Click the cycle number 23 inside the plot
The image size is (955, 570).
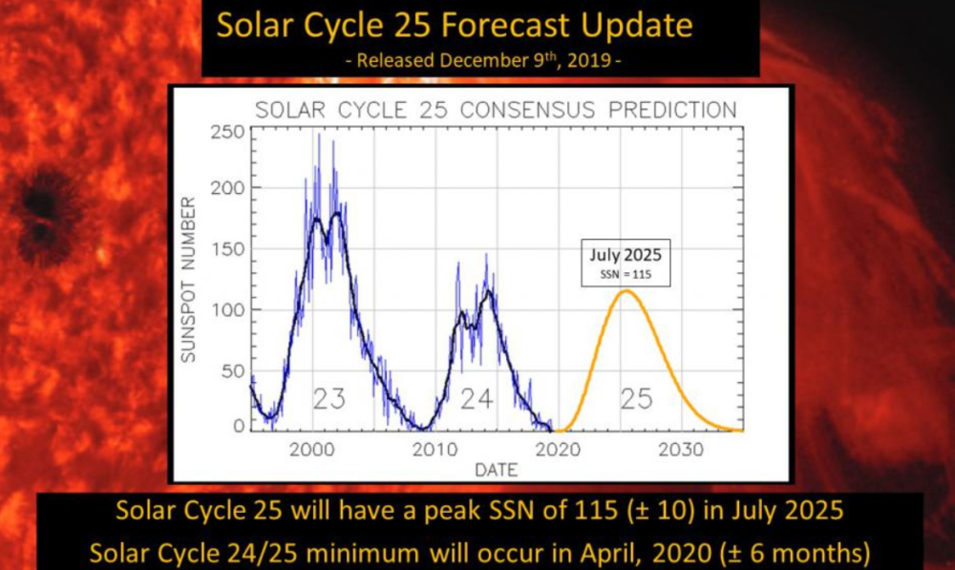(x=329, y=398)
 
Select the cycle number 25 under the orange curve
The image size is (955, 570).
(x=636, y=398)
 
